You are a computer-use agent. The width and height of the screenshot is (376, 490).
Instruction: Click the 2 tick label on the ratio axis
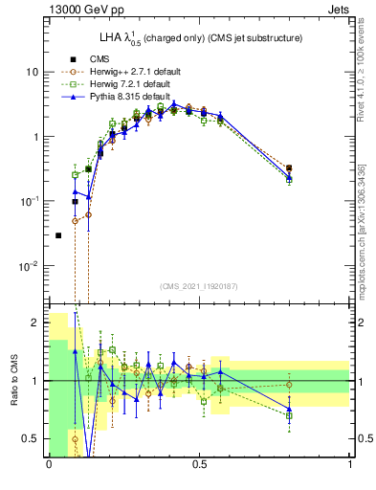pyautogui.click(x=36, y=323)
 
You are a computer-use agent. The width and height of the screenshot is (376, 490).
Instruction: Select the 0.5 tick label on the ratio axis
pyautogui.click(x=32, y=438)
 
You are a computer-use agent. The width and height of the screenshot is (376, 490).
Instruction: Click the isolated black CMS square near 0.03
pyautogui.click(x=58, y=235)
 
